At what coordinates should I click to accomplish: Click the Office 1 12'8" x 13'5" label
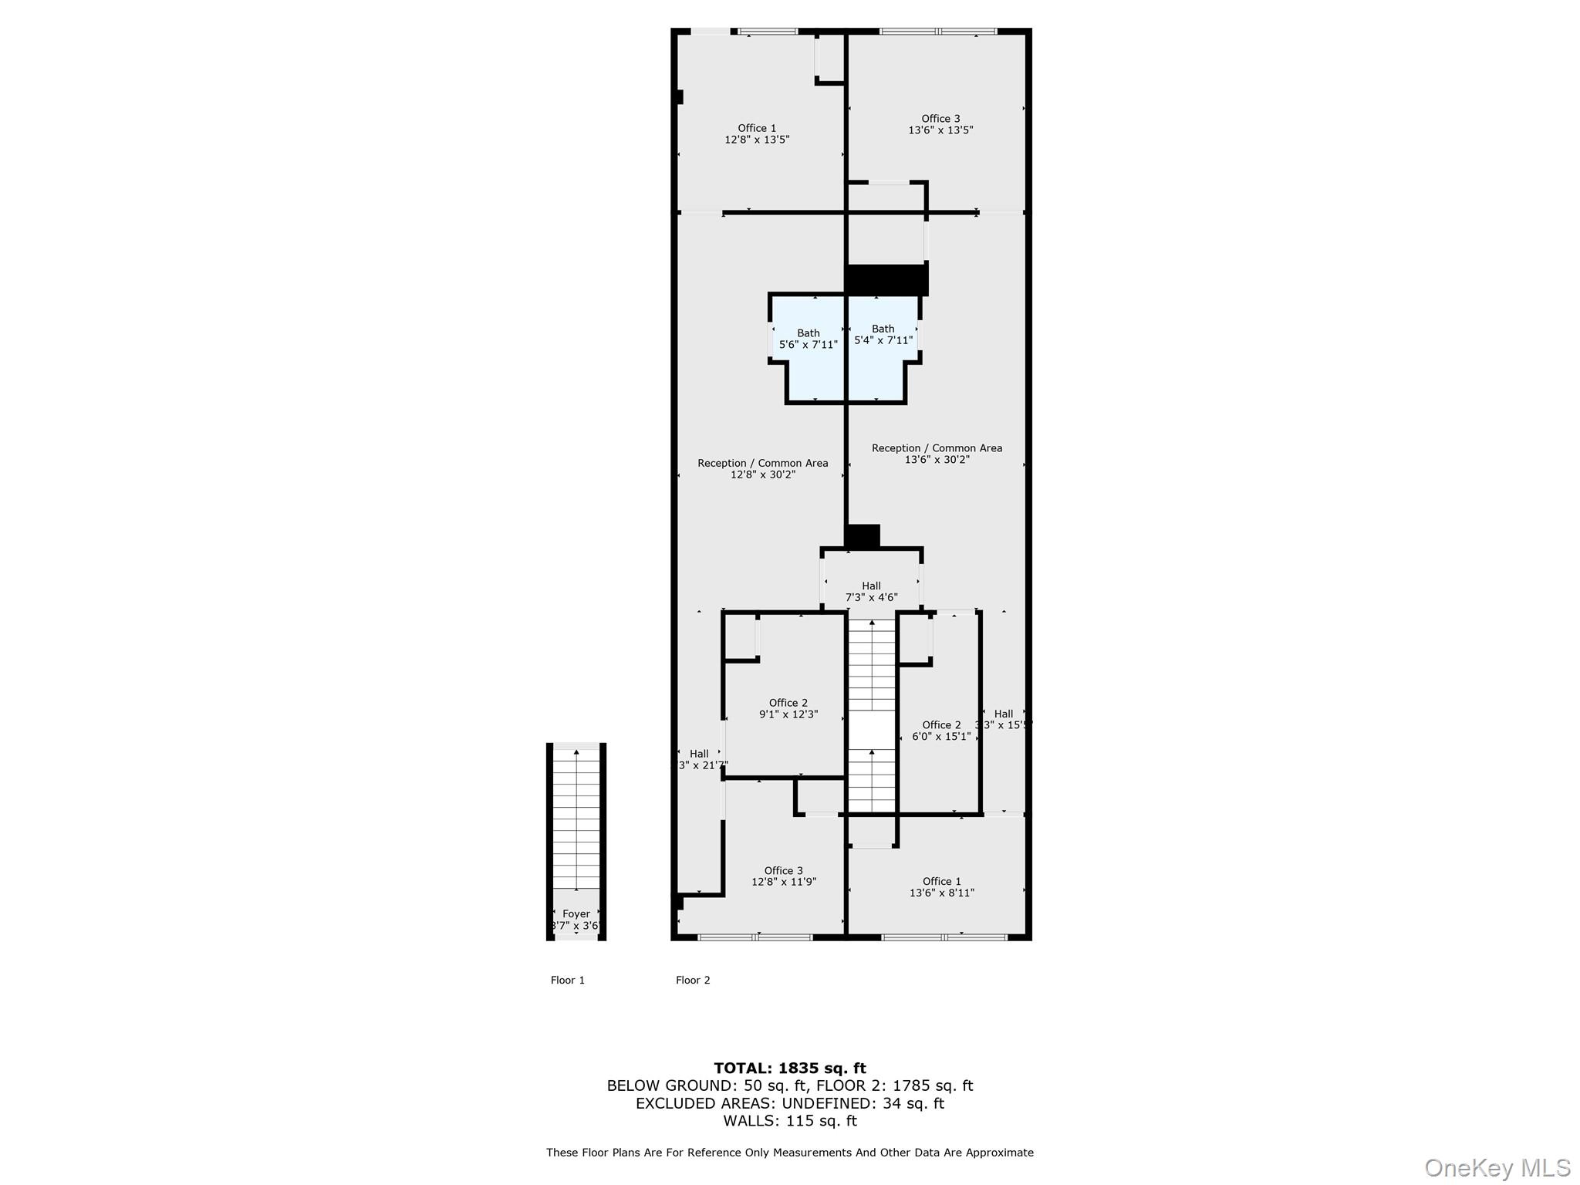click(x=757, y=134)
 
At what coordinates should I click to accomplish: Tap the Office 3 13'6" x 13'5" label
click(x=940, y=124)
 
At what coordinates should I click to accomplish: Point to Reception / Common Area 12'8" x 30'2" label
click(x=763, y=469)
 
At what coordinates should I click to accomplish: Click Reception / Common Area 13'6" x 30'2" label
click(x=937, y=454)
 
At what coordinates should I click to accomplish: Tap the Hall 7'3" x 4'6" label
click(x=871, y=592)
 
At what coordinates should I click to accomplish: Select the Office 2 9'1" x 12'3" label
click(x=788, y=709)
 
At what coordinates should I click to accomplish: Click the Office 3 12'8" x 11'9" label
click(x=784, y=876)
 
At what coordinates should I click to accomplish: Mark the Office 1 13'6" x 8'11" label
click(x=941, y=887)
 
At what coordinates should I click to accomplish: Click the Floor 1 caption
click(x=568, y=981)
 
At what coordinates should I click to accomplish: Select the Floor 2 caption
click(x=693, y=981)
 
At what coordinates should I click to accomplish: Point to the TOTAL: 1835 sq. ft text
click(x=789, y=1069)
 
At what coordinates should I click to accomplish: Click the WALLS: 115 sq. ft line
click(x=789, y=1121)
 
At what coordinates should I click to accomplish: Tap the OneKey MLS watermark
click(x=1497, y=1168)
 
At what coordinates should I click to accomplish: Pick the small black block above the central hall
click(x=863, y=536)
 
